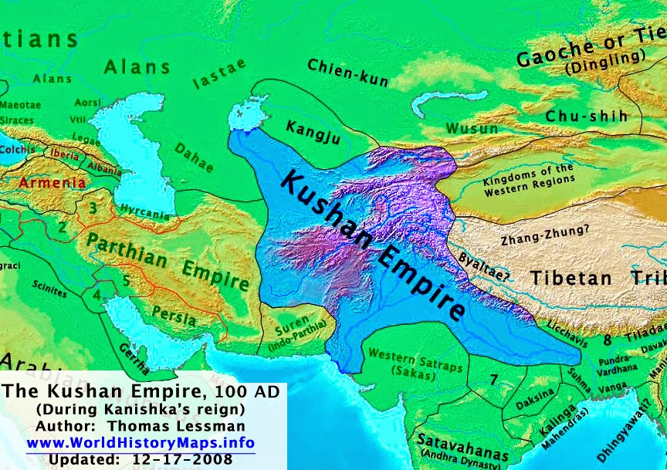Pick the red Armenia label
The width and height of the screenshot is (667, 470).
[52, 184]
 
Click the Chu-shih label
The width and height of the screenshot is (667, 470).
[592, 116]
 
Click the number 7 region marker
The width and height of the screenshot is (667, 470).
[493, 379]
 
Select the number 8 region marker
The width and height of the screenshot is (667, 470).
[607, 338]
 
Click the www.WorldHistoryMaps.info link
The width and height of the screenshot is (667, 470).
[141, 443]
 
